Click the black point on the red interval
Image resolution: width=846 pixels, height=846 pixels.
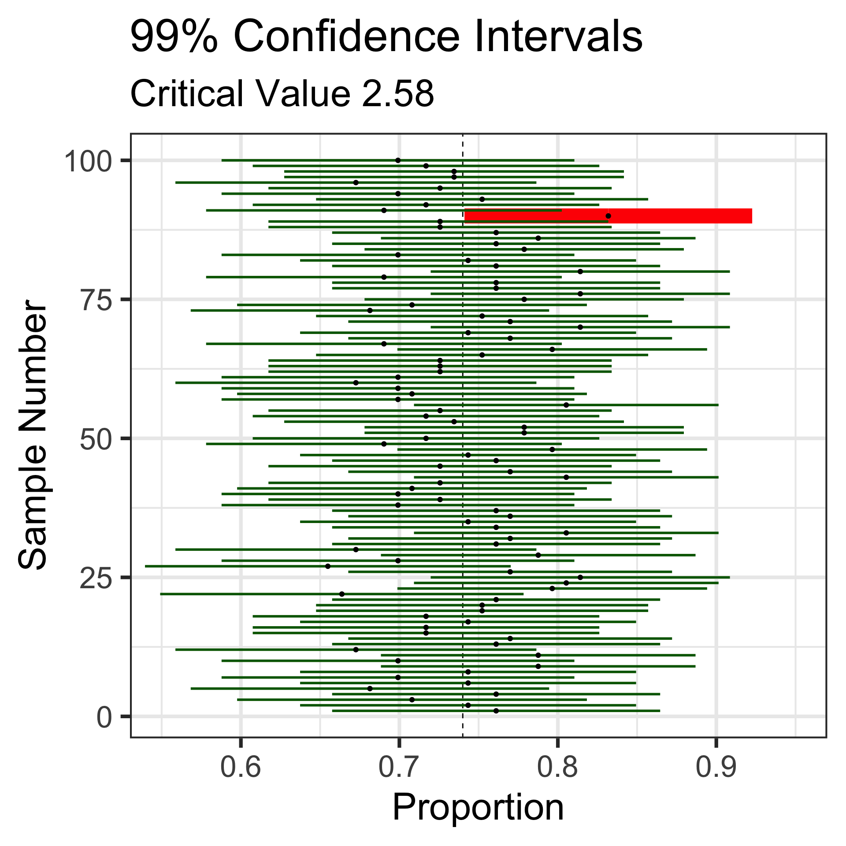(x=608, y=216)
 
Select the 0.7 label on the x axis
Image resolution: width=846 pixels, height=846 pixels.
(x=399, y=767)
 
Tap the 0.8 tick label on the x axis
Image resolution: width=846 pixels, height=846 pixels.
(x=557, y=767)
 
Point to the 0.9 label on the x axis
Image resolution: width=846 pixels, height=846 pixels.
(x=716, y=767)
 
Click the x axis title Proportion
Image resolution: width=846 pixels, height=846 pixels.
(x=478, y=808)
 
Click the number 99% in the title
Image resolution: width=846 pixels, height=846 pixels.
(x=174, y=37)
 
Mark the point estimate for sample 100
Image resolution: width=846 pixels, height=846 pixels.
(x=398, y=160)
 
